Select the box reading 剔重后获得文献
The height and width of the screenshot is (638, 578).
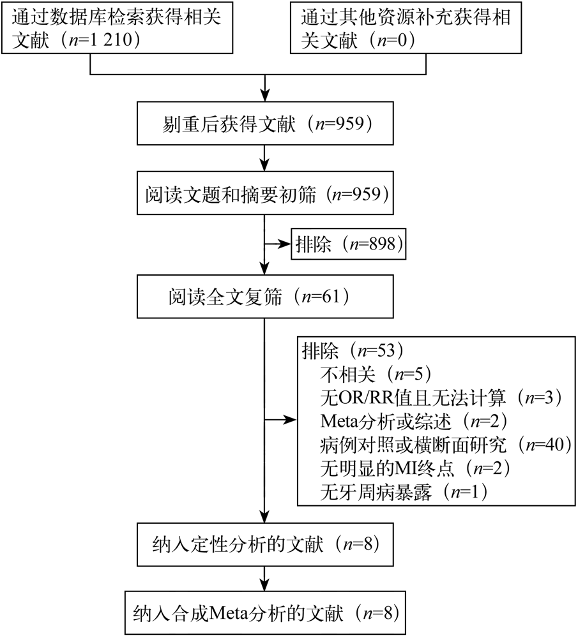pos(265,123)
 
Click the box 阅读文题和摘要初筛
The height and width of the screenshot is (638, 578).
pos(265,193)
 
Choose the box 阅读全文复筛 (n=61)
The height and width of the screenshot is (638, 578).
pos(265,296)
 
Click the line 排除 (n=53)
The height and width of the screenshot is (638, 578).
pos(353,350)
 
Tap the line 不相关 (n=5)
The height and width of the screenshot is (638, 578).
pos(376,374)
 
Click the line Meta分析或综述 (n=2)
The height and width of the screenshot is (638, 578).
pos(414,421)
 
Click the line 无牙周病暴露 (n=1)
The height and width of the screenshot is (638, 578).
pos(404,492)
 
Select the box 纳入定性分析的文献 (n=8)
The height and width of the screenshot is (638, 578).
pos(265,544)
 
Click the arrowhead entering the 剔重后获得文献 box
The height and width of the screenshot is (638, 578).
pos(265,95)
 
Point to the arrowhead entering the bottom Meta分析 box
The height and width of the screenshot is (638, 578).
pos(265,584)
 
